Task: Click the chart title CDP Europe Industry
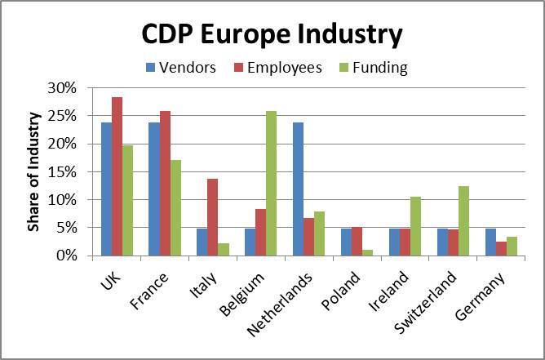point(272,35)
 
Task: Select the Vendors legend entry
point(181,68)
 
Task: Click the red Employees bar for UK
point(117,176)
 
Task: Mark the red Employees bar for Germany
point(501,249)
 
